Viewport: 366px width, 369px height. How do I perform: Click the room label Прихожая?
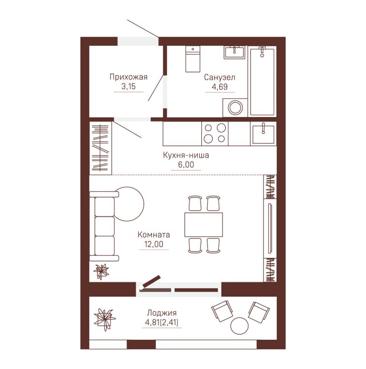point(129,77)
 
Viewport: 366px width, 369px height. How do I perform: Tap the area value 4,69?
point(220,86)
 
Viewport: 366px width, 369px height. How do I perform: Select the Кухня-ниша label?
point(186,155)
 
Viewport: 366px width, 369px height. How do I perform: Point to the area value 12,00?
point(154,244)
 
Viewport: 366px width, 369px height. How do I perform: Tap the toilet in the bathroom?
point(193,59)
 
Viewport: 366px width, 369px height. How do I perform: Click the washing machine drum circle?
point(235,107)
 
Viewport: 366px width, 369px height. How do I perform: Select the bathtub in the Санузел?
point(262,81)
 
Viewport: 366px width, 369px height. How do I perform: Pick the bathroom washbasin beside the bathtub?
point(234,52)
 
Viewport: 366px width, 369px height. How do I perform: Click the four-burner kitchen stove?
point(215,133)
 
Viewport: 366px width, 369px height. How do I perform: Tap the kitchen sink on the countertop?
point(264,134)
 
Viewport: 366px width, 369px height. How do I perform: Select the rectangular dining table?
point(204,225)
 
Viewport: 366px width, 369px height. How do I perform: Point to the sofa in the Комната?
point(104,226)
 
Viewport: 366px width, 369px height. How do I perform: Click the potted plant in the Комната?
point(101,272)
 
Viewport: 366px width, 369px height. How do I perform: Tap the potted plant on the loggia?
point(105,320)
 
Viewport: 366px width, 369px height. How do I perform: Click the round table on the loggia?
point(240,326)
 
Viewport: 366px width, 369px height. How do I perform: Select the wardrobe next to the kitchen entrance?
point(101,148)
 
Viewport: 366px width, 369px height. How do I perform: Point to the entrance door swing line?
point(143,29)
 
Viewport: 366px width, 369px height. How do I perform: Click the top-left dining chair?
point(195,203)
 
